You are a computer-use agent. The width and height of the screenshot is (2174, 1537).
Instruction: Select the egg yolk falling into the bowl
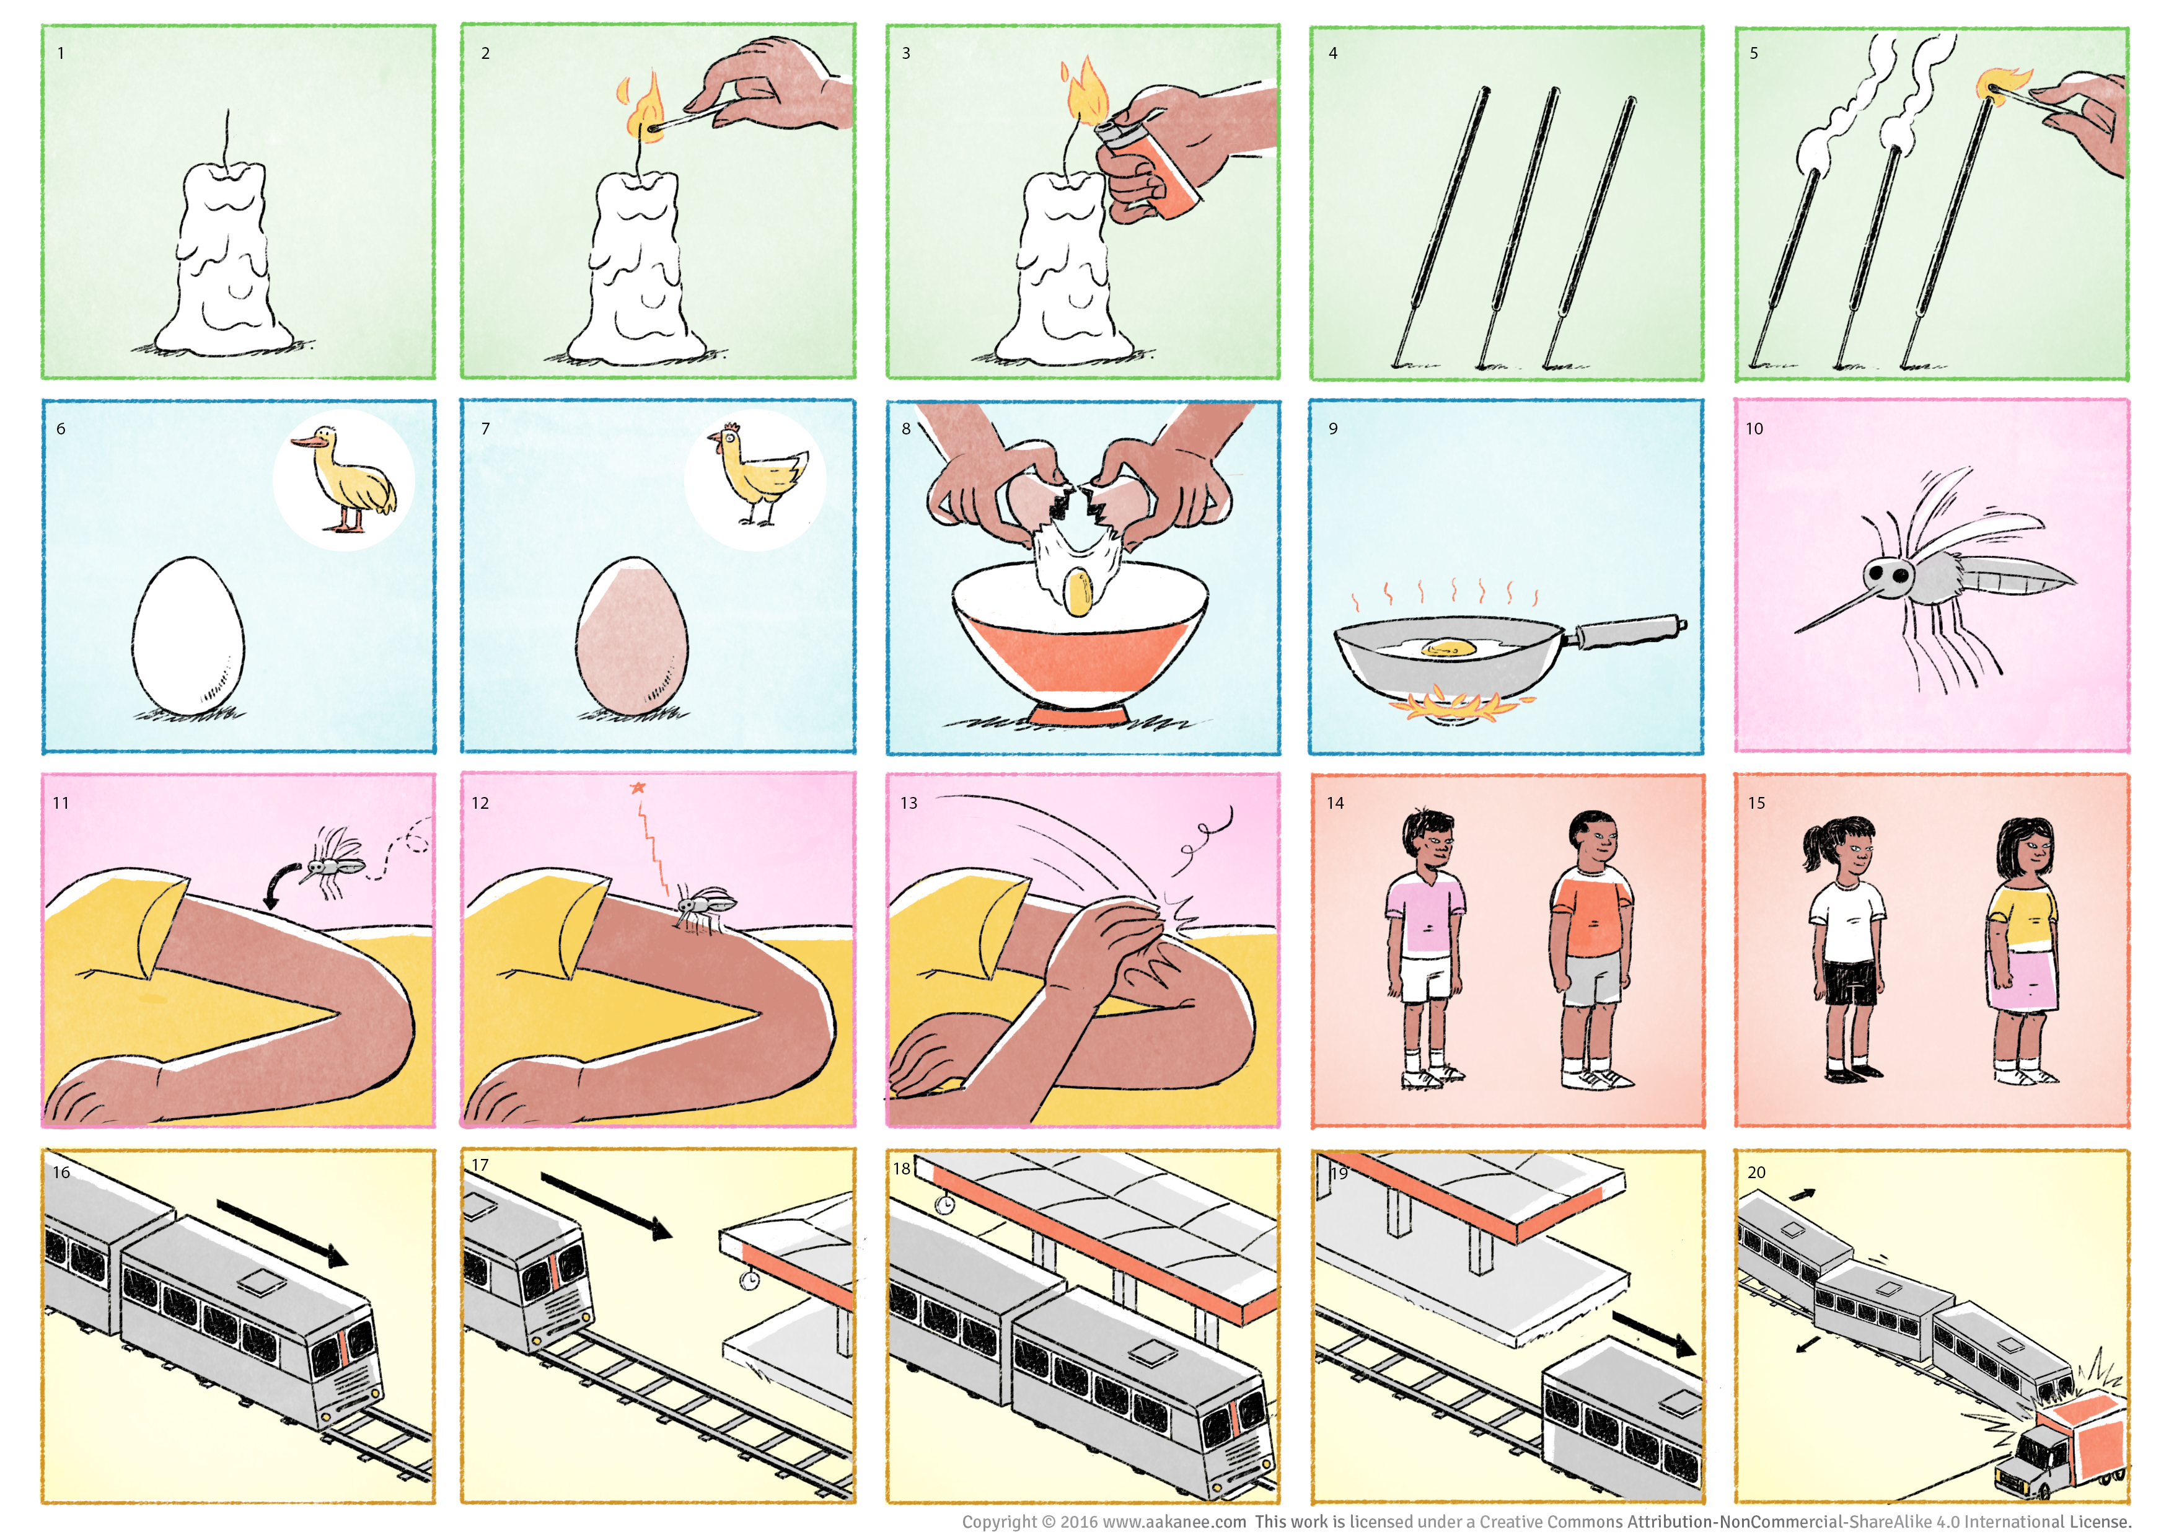tap(1078, 592)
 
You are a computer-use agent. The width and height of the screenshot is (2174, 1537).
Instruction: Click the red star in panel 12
tap(638, 788)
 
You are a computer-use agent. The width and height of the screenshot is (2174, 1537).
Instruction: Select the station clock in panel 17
tap(750, 1281)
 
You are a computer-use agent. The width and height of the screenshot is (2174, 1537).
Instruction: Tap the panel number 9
tap(1333, 429)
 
